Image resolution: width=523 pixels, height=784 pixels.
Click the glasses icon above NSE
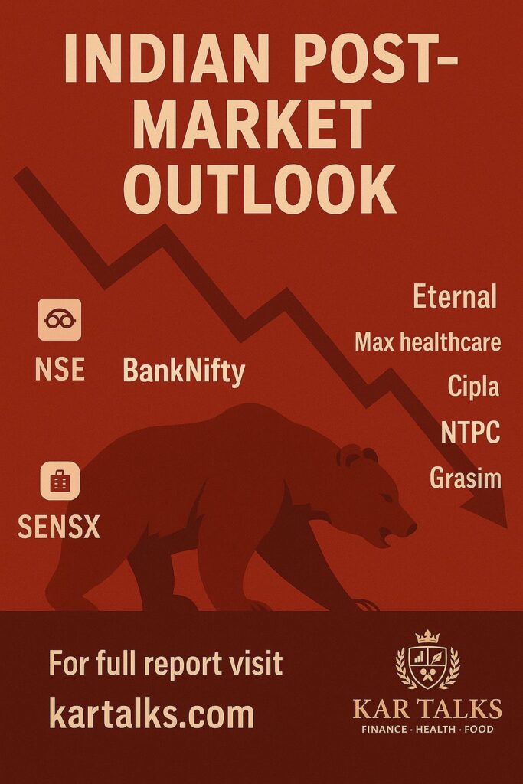pyautogui.click(x=60, y=319)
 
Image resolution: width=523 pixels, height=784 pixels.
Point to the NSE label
pyautogui.click(x=60, y=370)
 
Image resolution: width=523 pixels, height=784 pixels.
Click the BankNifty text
pyautogui.click(x=184, y=371)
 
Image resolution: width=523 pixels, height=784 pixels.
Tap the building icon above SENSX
pyautogui.click(x=60, y=481)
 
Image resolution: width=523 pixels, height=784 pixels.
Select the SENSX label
pyautogui.click(x=59, y=527)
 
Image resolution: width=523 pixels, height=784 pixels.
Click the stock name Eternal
pyautogui.click(x=455, y=296)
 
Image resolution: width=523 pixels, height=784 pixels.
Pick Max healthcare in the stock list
pyautogui.click(x=428, y=342)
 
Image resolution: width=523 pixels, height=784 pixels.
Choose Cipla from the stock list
pyautogui.click(x=473, y=386)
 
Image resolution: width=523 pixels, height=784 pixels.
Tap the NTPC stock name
pyautogui.click(x=470, y=432)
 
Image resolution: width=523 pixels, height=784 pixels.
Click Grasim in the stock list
pyautogui.click(x=466, y=477)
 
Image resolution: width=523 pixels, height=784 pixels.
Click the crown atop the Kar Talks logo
pyautogui.click(x=427, y=636)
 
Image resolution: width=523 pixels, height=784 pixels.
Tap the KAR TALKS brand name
pyautogui.click(x=427, y=709)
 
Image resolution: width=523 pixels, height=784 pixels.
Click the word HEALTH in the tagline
pyautogui.click(x=436, y=729)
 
